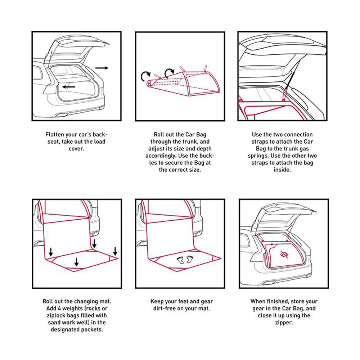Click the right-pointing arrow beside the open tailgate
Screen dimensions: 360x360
pyautogui.click(x=102, y=68)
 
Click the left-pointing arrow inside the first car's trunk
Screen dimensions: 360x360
pyautogui.click(x=68, y=87)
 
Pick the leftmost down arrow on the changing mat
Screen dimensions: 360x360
pyautogui.click(x=50, y=251)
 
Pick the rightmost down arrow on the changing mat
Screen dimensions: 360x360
pyautogui.click(x=115, y=251)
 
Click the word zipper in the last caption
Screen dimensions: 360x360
pyautogui.click(x=284, y=323)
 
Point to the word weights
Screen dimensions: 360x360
pyautogui.click(x=74, y=309)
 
